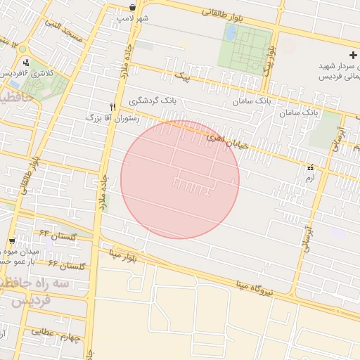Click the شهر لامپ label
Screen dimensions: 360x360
pos(133,18)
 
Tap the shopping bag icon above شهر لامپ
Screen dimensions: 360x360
pos(133,7)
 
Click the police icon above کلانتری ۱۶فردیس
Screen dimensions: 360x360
pos(26,63)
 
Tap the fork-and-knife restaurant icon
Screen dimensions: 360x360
pos(112,107)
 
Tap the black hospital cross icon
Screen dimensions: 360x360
pos(353,55)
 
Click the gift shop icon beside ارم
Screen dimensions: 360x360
pos(311,167)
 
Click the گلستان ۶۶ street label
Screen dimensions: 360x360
pos(66,265)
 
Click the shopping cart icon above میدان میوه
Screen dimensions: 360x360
pos(13,240)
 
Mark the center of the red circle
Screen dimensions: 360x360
pos(180,179)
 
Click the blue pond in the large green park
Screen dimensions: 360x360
pos(231,32)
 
